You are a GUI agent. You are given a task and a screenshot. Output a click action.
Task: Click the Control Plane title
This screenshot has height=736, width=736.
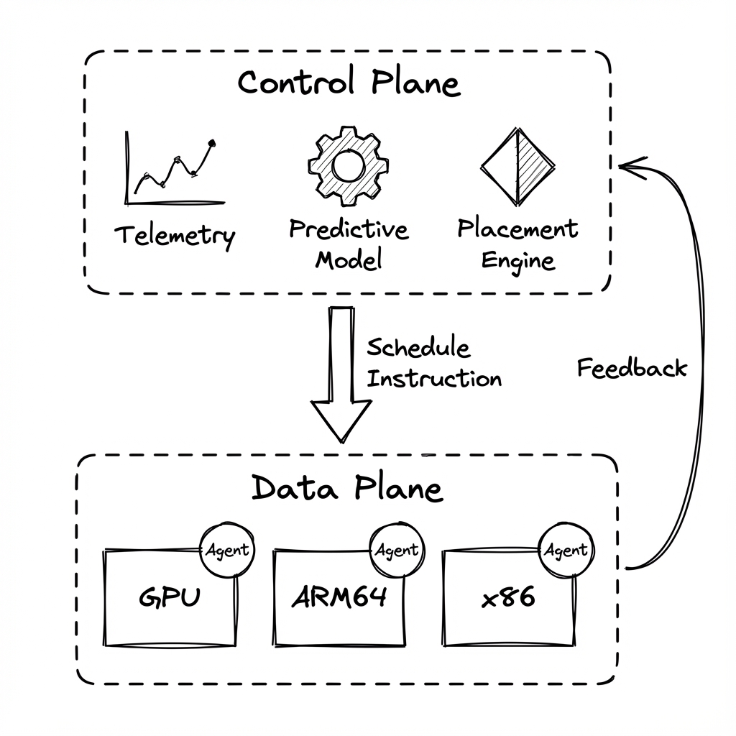tap(349, 83)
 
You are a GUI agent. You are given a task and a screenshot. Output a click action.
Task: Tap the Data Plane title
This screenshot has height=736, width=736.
tap(347, 489)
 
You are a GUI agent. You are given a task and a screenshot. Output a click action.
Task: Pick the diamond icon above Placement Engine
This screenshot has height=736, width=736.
tap(517, 167)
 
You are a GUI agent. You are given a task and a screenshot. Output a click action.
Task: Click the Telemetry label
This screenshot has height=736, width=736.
tap(175, 235)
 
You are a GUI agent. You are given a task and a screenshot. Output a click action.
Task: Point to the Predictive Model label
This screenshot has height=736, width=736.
tap(349, 244)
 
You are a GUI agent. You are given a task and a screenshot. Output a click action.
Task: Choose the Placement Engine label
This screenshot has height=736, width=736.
tap(517, 244)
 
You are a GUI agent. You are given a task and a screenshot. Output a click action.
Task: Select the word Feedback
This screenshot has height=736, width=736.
tap(632, 368)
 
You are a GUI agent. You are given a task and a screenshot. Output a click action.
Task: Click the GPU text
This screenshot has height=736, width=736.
tap(170, 598)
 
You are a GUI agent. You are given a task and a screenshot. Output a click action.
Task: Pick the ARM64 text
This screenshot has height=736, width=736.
tap(339, 598)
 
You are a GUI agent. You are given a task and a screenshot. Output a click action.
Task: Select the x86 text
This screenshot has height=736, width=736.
tap(508, 598)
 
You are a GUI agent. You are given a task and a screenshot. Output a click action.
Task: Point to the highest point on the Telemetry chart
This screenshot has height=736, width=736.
tap(211, 143)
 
